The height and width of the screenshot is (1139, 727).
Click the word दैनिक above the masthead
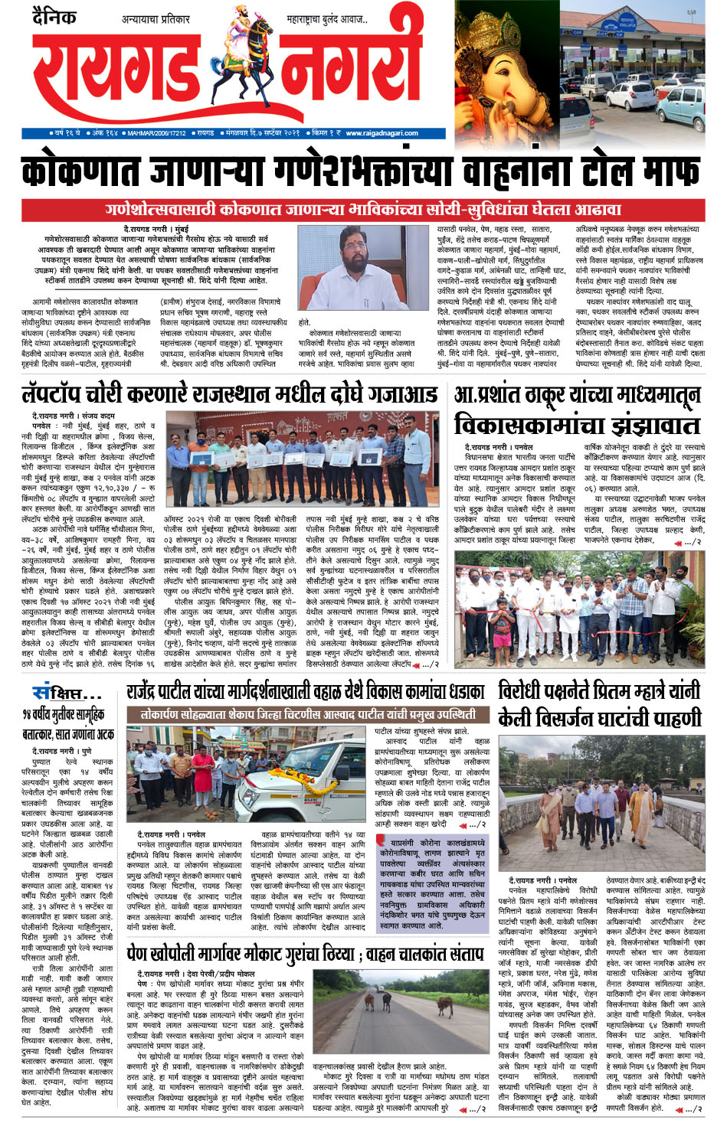pyautogui.click(x=54, y=16)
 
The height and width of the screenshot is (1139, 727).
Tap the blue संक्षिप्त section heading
pyautogui.click(x=67, y=694)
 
